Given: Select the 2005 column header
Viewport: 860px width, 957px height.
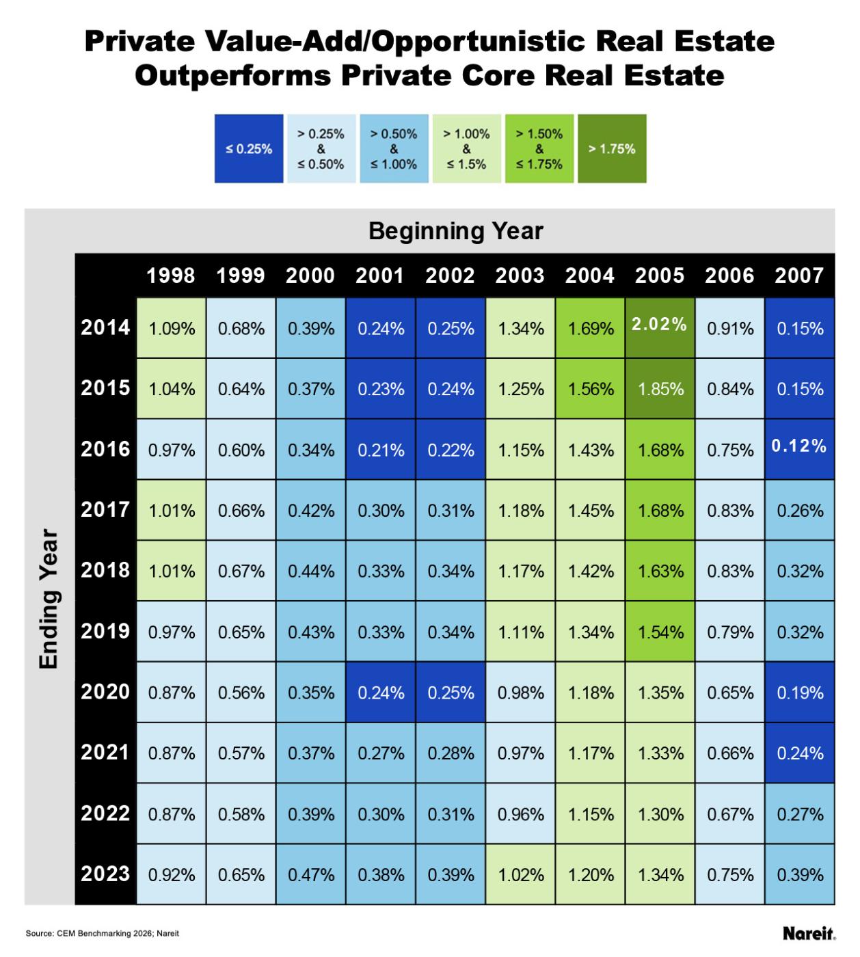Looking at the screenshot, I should coord(659,275).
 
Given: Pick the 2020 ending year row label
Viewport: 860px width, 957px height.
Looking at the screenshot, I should coord(105,692).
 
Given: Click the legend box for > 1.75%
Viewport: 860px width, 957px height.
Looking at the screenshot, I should coord(612,148).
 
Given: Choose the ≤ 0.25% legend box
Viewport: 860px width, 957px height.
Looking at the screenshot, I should coord(249,148).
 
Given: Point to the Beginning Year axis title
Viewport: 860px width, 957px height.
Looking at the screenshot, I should coord(455,231).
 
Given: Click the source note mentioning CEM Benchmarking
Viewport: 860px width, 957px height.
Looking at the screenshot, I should coord(102,933).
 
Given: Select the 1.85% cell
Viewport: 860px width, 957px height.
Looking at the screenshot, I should coord(660,389).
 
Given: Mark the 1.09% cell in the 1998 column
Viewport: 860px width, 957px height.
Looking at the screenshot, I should coord(172,329).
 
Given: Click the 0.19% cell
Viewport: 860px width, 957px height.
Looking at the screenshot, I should coord(800,693).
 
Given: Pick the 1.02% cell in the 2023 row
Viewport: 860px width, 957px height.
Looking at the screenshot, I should coord(521,875).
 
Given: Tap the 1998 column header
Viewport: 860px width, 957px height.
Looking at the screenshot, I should coord(171,275).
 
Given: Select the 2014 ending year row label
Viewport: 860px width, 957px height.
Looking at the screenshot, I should coord(105,327).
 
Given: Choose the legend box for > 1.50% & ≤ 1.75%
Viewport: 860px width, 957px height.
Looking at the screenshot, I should coord(539,148).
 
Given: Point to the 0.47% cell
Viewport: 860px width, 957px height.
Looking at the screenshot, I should coord(311,875).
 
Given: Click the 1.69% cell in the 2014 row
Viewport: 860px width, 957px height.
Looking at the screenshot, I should coord(591,329).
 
